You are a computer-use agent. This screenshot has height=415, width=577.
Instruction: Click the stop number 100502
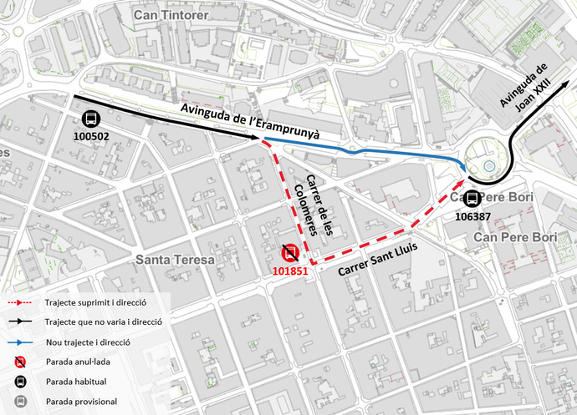91,136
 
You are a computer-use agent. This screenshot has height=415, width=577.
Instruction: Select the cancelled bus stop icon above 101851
288,253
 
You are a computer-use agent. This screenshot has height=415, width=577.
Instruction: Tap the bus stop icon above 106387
472,199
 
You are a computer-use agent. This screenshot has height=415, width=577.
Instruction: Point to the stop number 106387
472,215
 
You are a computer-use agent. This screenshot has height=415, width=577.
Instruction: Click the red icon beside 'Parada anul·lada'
20,362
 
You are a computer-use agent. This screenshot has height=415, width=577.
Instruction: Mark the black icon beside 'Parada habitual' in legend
20,382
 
